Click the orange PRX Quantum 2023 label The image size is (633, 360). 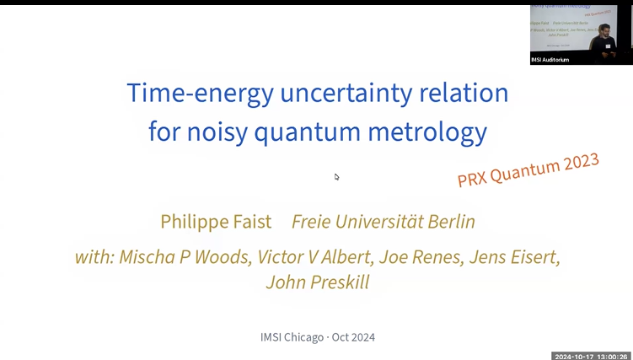coord(528,169)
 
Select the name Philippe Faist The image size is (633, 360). coord(216,222)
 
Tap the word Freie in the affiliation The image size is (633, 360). coord(313,222)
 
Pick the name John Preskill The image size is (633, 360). coord(317,282)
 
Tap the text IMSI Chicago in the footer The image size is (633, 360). coord(292,337)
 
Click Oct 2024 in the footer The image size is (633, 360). coord(353,337)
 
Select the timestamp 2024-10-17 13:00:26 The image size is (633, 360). coord(591,356)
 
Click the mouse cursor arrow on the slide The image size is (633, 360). coord(336,176)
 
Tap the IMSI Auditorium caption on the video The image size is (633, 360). coord(550,60)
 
